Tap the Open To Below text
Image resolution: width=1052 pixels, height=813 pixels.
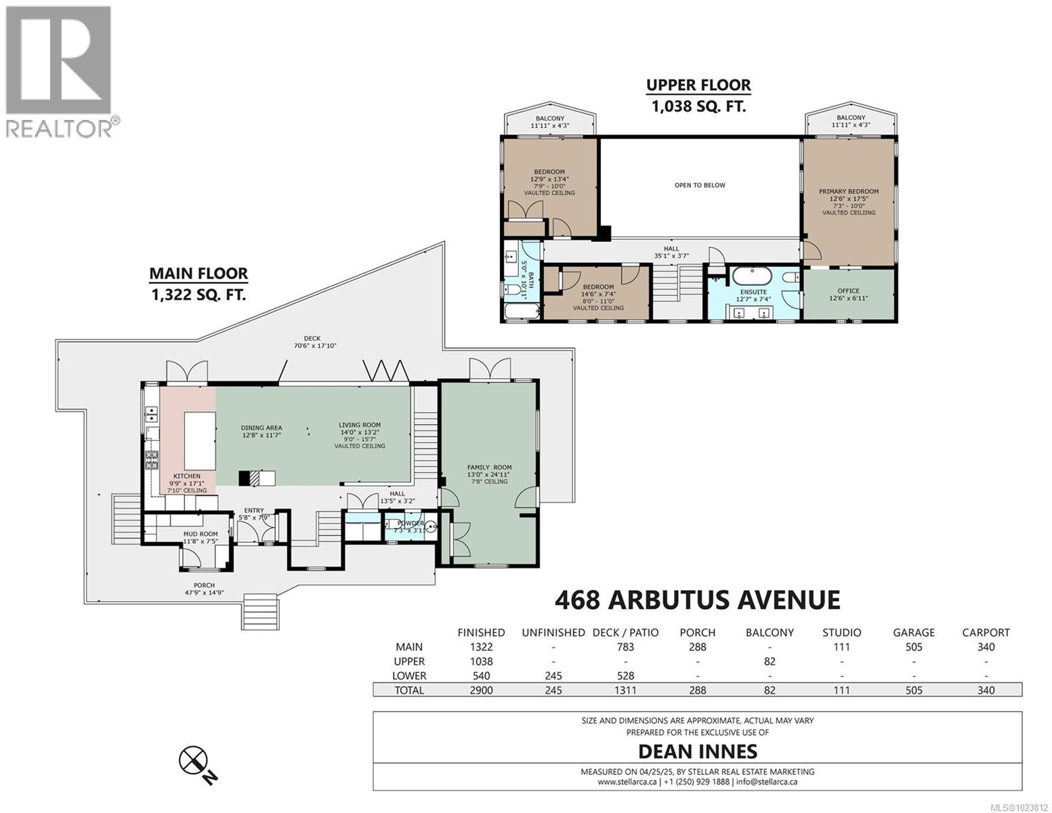699,185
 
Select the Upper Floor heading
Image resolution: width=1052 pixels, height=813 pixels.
698,85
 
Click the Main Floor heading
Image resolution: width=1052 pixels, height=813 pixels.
198,274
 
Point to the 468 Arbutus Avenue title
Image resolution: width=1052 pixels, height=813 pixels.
697,600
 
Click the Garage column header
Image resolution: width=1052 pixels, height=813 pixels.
913,632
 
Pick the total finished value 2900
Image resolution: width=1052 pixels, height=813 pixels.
481,690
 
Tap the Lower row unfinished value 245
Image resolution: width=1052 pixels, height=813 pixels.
553,675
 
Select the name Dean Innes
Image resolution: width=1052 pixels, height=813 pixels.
698,751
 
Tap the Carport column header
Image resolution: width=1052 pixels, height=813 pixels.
986,632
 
